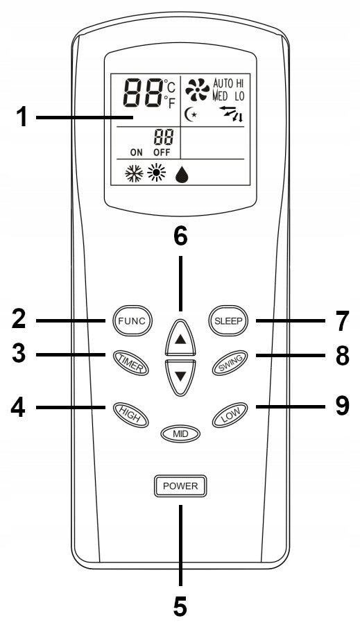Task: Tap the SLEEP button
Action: tap(228, 320)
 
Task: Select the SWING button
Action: tap(230, 363)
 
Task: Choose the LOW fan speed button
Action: tap(230, 415)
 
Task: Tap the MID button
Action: tap(180, 433)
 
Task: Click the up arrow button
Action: tap(180, 337)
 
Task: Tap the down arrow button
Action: tap(180, 377)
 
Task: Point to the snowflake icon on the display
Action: tap(134, 174)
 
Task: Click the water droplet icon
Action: tap(182, 175)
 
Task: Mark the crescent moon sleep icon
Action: tap(191, 115)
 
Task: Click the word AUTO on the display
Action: tap(223, 83)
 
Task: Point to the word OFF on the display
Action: tap(162, 153)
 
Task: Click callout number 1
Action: tap(22, 118)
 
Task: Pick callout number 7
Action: tap(341, 321)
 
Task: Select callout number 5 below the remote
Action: tap(180, 606)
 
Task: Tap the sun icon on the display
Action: tap(156, 174)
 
